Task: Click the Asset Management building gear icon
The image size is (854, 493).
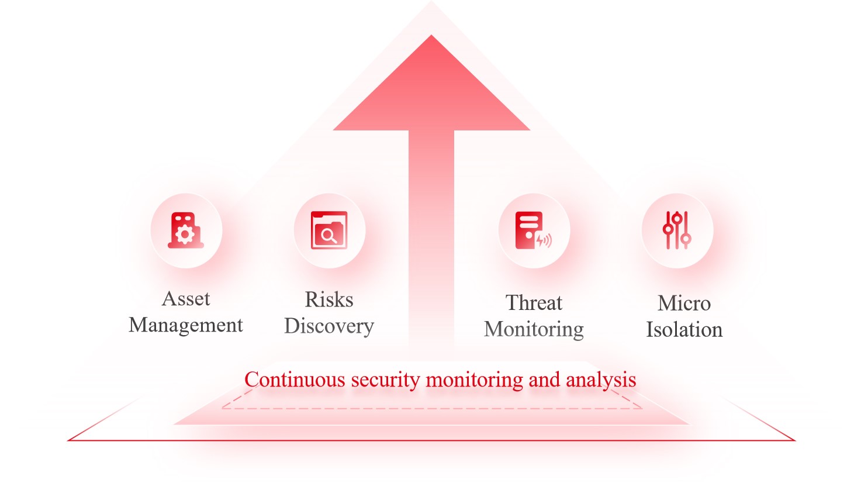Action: click(x=186, y=230)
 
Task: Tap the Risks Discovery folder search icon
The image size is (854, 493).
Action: click(x=329, y=230)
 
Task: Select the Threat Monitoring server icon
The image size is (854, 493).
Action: click(x=533, y=230)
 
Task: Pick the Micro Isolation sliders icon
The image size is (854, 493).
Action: click(x=677, y=230)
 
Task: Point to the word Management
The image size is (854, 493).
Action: click(x=186, y=326)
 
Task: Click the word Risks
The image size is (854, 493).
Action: click(x=329, y=299)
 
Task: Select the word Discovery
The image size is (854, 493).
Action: click(x=329, y=327)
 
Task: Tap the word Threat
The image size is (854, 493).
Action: click(x=534, y=302)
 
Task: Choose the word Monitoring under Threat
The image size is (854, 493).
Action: click(x=534, y=329)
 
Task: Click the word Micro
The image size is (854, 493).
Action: click(x=684, y=304)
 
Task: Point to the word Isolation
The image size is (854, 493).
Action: click(x=684, y=330)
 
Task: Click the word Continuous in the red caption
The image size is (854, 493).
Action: click(x=295, y=380)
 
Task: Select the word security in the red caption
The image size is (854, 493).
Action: click(x=385, y=381)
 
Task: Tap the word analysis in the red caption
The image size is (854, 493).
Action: click(x=601, y=381)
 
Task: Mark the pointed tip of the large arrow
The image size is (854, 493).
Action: click(x=431, y=36)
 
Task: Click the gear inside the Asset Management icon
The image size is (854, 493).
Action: click(x=185, y=235)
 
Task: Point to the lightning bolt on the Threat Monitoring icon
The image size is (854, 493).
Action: click(x=540, y=240)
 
